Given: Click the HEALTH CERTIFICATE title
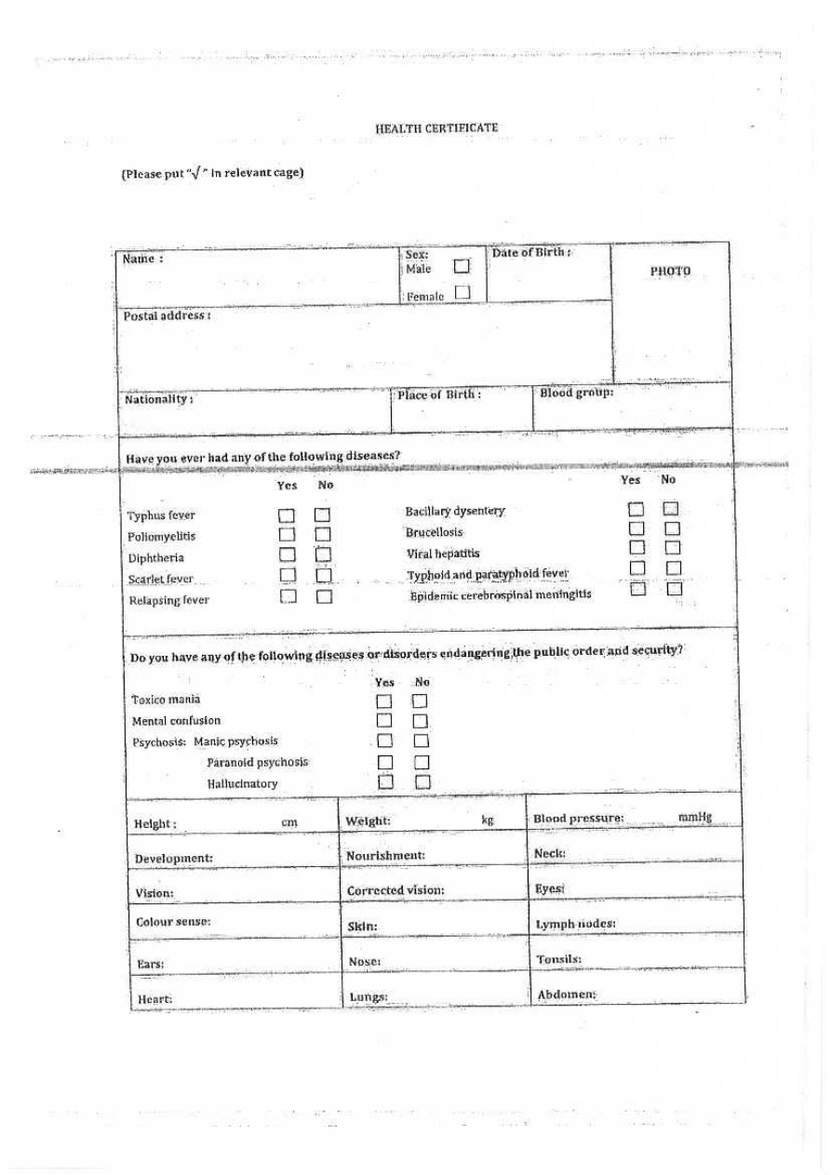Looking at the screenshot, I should click(x=437, y=128).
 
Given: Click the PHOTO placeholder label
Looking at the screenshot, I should click(x=670, y=271).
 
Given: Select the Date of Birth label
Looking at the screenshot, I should click(x=530, y=253).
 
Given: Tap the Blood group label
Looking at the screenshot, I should click(x=577, y=393).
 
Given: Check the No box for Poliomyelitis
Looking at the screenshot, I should click(x=323, y=537).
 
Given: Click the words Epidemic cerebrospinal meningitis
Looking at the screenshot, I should click(x=501, y=594).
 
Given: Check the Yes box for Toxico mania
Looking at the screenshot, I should click(x=383, y=701).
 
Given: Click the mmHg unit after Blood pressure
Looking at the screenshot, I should click(x=695, y=818).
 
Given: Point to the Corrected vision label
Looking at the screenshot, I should click(x=395, y=890).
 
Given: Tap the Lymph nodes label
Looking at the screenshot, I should click(x=575, y=924).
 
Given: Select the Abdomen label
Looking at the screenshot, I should click(x=567, y=994).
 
